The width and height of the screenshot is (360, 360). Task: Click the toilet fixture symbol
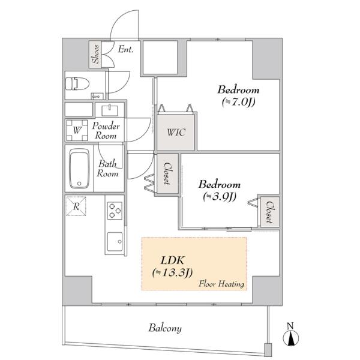click(x=77, y=83)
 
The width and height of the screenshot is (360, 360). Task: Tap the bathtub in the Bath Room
click(x=79, y=169)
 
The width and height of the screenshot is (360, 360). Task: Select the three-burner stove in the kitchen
click(x=115, y=211)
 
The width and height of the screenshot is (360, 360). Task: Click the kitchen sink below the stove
click(x=115, y=242)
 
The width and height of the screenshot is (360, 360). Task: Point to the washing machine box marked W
click(x=77, y=130)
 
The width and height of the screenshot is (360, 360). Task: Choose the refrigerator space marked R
click(x=76, y=206)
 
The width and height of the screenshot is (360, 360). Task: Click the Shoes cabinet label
click(x=95, y=54)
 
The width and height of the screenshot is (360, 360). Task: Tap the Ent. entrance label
click(x=125, y=49)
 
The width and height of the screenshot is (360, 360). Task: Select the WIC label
click(x=176, y=133)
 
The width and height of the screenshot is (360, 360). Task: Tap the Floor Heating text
click(x=221, y=284)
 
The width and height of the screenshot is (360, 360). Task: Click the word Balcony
click(x=165, y=328)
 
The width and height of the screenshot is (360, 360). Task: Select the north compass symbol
click(x=290, y=335)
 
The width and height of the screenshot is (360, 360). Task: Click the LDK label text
click(x=173, y=260)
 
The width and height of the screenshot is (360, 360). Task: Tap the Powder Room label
click(x=106, y=131)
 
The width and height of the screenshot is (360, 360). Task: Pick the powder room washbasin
click(x=110, y=110)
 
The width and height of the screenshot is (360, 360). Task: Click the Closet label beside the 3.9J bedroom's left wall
click(x=167, y=173)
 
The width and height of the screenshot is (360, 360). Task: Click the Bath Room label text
click(x=107, y=169)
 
